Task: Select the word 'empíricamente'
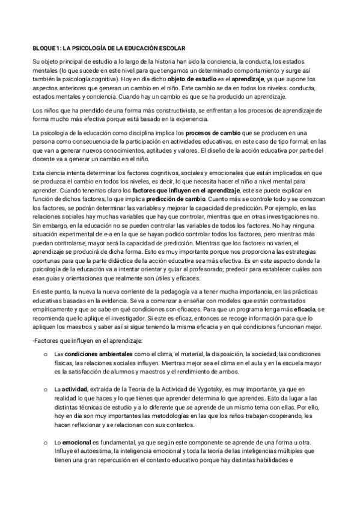click(53, 308)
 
